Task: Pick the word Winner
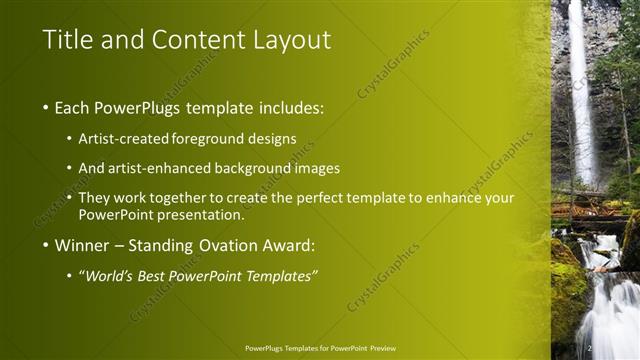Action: pos(82,245)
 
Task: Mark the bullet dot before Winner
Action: pos(46,246)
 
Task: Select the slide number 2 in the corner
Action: pos(590,347)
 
